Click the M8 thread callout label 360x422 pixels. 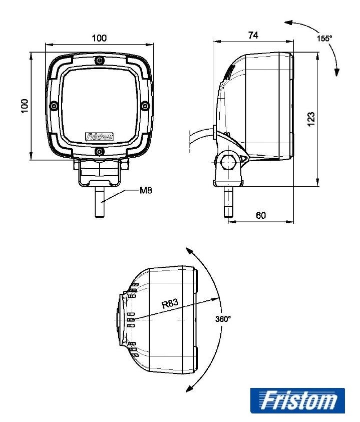click(146, 190)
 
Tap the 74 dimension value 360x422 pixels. click(253, 35)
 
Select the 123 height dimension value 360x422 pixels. click(310, 119)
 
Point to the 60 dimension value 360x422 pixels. click(261, 215)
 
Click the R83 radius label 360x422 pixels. click(170, 303)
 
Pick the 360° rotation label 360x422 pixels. click(223, 319)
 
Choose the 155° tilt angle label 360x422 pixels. click(324, 39)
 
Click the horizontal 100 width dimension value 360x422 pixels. click(99, 38)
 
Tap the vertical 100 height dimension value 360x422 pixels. click(25, 106)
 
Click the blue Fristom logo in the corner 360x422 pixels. click(297, 400)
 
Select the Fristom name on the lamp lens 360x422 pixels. click(99, 137)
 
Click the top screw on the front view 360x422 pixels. click(100, 61)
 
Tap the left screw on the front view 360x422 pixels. click(54, 106)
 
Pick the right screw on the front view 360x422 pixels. click(145, 106)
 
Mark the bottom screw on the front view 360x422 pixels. click(100, 151)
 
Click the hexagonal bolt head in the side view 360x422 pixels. click(228, 162)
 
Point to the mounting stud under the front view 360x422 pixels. click(99, 202)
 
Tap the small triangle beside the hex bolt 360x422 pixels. click(244, 159)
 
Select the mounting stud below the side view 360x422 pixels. click(228, 202)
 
